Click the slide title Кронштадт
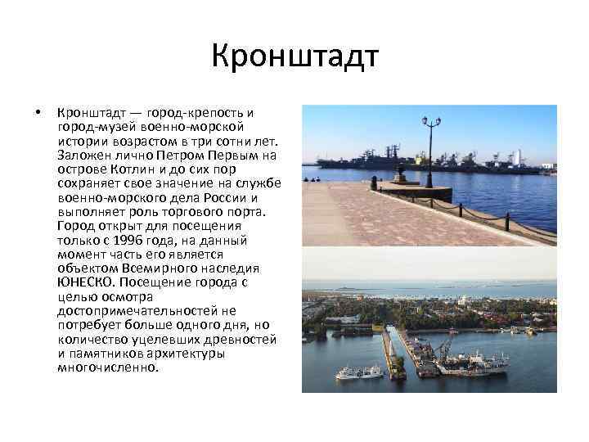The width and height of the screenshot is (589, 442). pos(294,57)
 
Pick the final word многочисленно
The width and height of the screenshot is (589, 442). pos(107,368)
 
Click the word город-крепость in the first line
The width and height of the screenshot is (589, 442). pos(195,113)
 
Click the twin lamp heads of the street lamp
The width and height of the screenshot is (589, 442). pos(431,122)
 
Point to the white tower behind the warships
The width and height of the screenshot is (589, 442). pos(517,156)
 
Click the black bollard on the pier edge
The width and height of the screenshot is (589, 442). pos(508,220)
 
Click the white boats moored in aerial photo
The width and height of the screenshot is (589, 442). pos(360,372)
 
